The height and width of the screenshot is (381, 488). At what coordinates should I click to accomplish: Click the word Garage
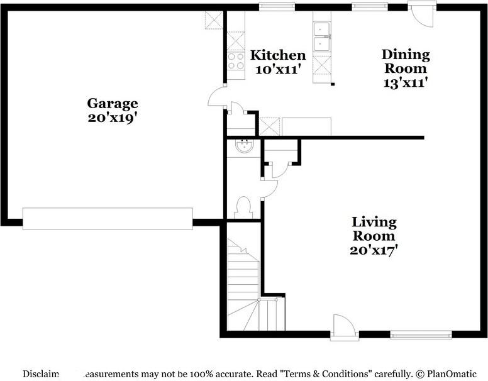click(x=113, y=103)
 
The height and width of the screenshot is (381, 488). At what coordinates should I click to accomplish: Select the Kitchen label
click(x=278, y=55)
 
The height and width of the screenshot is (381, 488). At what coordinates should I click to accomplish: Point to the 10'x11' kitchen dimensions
click(x=278, y=69)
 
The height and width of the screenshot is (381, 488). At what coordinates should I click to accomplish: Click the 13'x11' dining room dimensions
click(x=406, y=82)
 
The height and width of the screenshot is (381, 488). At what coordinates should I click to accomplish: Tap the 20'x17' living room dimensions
click(x=374, y=250)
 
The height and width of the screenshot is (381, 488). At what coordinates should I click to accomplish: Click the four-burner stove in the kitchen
click(x=236, y=61)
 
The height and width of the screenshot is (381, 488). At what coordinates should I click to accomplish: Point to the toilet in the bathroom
click(x=243, y=206)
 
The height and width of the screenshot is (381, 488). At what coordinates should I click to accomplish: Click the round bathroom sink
click(x=243, y=146)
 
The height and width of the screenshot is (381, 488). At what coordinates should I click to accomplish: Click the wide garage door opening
click(x=108, y=219)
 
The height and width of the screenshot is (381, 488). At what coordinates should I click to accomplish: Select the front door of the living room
click(x=345, y=327)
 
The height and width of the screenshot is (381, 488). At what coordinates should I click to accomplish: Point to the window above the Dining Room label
click(x=369, y=7)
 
